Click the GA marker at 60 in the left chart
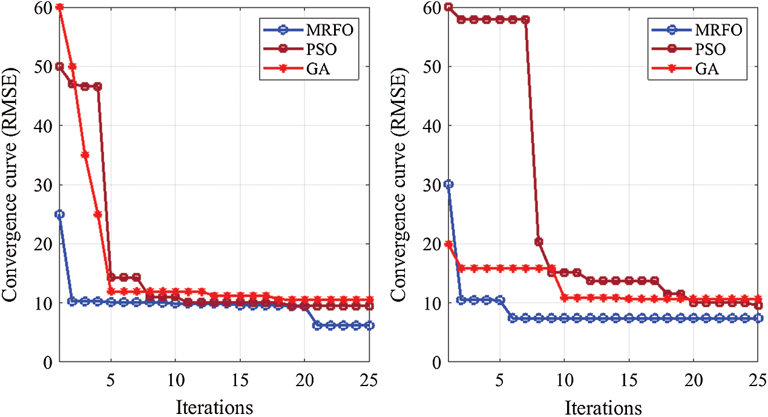pyautogui.click(x=59, y=7)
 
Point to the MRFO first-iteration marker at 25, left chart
pyautogui.click(x=59, y=214)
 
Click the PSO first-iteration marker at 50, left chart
pyautogui.click(x=59, y=66)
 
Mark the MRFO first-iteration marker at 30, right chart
pyautogui.click(x=448, y=184)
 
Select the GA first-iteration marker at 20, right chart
pyautogui.click(x=448, y=244)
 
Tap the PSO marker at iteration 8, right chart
pyautogui.click(x=539, y=242)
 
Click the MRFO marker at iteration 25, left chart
pyautogui.click(x=369, y=325)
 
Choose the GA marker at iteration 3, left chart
pyautogui.click(x=85, y=155)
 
